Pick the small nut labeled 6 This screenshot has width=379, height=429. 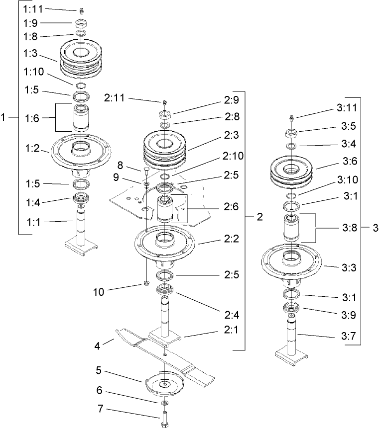tap(164, 402)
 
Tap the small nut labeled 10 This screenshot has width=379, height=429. tap(145, 284)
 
